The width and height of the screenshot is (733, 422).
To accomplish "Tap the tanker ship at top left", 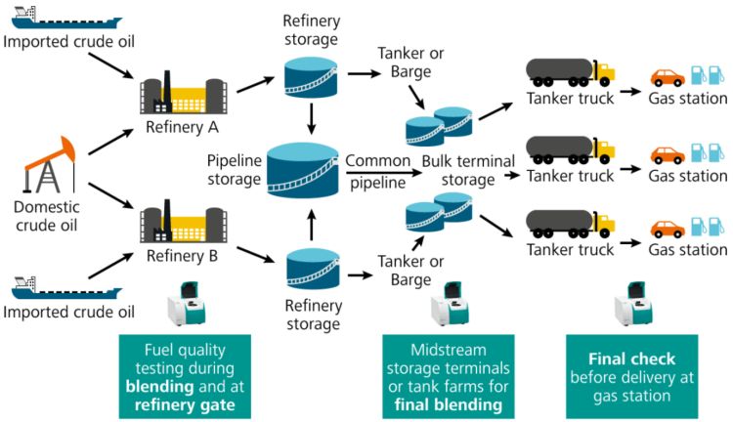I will (64, 18).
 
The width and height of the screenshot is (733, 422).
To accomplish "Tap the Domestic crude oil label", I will (47, 215).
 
